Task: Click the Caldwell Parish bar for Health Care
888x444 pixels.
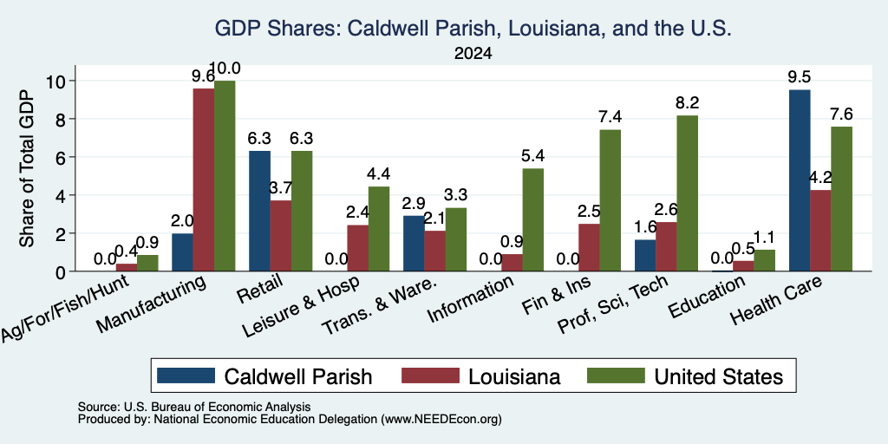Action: [800, 180]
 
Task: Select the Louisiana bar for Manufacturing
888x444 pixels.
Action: [203, 180]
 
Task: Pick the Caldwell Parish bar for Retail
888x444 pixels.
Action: [259, 211]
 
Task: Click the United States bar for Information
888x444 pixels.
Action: [532, 219]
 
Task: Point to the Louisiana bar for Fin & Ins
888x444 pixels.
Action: [589, 247]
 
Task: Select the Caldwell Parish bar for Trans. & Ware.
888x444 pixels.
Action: [414, 244]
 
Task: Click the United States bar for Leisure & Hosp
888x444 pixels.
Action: [379, 229]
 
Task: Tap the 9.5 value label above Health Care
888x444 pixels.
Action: [800, 76]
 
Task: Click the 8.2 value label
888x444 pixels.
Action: [687, 102]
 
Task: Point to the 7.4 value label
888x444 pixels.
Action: [610, 117]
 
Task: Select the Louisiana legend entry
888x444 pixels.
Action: [481, 376]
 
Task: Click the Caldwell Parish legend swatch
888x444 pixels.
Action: [186, 375]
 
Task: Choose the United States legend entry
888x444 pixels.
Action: [685, 376]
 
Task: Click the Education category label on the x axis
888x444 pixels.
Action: [708, 297]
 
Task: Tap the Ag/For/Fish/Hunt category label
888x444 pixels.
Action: [65, 307]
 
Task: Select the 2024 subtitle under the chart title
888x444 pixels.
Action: [473, 54]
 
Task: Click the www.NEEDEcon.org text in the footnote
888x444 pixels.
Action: [441, 420]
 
